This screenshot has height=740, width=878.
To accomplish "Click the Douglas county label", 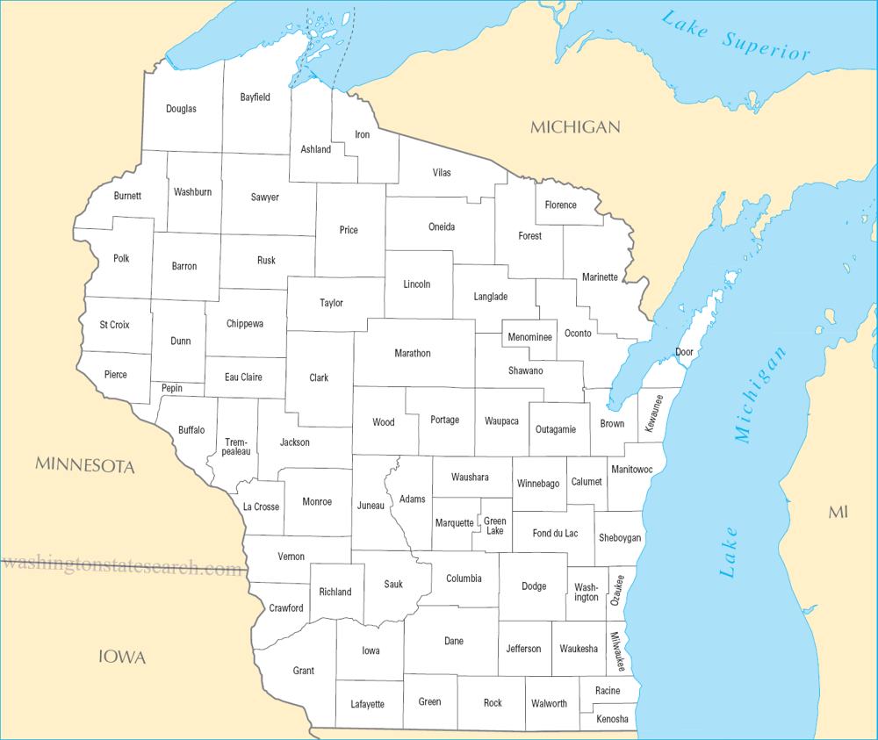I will pyautogui.click(x=181, y=109).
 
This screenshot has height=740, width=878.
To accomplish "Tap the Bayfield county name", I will pyautogui.click(x=255, y=97).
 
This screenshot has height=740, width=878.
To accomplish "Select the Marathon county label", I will pyautogui.click(x=413, y=353).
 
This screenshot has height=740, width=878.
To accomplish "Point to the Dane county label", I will pyautogui.click(x=454, y=641).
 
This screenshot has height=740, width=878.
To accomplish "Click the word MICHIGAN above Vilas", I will pyautogui.click(x=575, y=127).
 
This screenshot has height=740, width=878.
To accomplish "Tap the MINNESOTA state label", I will pyautogui.click(x=85, y=466).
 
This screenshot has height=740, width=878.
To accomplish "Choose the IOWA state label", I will pyautogui.click(x=122, y=657).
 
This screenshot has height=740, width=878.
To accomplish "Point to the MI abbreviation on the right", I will pyautogui.click(x=838, y=512).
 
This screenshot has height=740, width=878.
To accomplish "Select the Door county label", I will pyautogui.click(x=684, y=353).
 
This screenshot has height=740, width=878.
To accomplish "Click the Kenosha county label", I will pyautogui.click(x=612, y=719).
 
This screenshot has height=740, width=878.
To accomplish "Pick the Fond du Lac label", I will pyautogui.click(x=556, y=533).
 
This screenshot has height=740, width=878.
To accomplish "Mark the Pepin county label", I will pyautogui.click(x=172, y=388).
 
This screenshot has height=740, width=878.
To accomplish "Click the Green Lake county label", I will pyautogui.click(x=495, y=526).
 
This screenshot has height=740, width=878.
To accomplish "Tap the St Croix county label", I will pyautogui.click(x=114, y=325).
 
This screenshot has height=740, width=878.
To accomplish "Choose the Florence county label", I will pyautogui.click(x=560, y=205).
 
